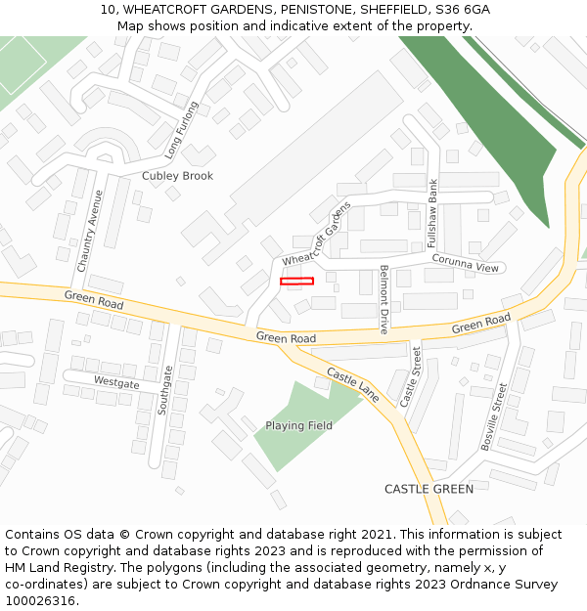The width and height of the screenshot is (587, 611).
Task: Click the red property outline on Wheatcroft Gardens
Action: click(x=296, y=282)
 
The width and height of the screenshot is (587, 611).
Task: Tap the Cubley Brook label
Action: click(x=177, y=176)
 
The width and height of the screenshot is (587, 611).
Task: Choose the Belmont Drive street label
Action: click(x=384, y=299)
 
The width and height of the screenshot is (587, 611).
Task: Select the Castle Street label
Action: click(x=411, y=376)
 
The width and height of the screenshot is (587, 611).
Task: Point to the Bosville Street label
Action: click(x=494, y=416)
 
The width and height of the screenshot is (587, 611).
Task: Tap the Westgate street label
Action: click(x=116, y=383)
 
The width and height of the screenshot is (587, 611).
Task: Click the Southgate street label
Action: click(x=166, y=390)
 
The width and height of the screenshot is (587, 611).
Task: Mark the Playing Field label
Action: click(x=298, y=426)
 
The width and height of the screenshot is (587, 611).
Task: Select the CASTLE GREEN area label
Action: click(x=429, y=489)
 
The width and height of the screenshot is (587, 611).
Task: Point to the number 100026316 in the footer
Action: click(x=40, y=600)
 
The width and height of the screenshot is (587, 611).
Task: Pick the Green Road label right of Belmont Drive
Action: click(x=480, y=324)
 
